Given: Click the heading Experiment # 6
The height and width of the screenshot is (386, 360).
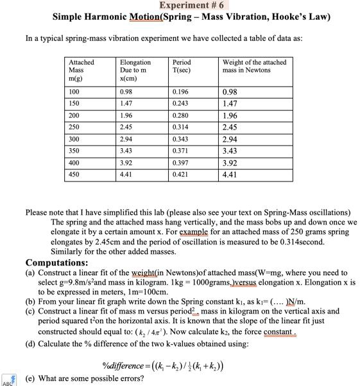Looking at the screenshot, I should click(180, 5).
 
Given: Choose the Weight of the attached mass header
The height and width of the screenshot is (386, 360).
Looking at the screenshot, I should click(254, 66).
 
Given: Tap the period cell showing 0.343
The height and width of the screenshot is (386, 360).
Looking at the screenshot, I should click(180, 138).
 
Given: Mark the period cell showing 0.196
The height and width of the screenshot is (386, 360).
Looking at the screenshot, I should click(180, 92).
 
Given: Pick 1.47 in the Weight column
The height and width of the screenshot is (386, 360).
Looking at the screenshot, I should click(230, 103).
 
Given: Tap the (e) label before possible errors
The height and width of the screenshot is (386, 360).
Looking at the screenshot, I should click(30, 378).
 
